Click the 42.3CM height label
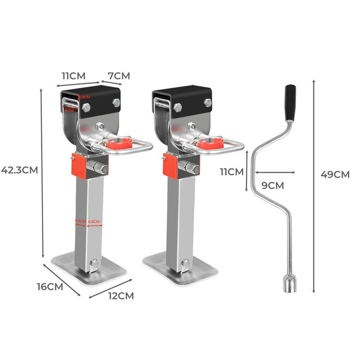point(19,170)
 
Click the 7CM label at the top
point(118,76)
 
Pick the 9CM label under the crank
point(273,184)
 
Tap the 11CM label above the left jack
point(73,75)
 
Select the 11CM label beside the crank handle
point(231,171)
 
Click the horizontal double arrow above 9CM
point(275,172)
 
